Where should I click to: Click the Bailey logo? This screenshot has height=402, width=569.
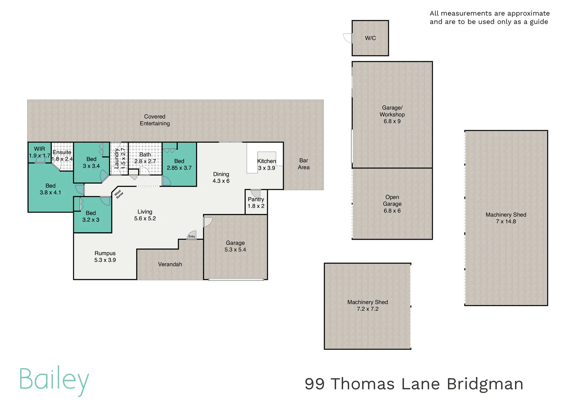[x=54, y=380]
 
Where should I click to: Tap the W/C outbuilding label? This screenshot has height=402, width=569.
[x=370, y=38]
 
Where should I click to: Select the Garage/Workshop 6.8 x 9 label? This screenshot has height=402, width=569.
[x=392, y=114]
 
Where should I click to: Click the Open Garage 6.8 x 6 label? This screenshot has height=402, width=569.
[x=392, y=204]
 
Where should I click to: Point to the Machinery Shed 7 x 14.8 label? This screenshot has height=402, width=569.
[x=506, y=218]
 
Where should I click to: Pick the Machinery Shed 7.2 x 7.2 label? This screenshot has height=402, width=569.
[x=368, y=306]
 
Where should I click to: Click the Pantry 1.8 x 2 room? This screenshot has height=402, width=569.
[x=256, y=202]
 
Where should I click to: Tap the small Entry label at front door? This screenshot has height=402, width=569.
[x=192, y=236]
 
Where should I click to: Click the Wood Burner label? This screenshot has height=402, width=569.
[x=119, y=194]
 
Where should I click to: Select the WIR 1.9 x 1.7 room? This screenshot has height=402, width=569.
[x=39, y=152]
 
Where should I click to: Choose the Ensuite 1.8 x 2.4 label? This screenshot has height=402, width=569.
[x=62, y=156]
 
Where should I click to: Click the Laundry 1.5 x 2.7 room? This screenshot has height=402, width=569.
[x=120, y=158]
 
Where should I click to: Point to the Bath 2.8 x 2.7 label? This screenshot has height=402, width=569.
[x=145, y=158]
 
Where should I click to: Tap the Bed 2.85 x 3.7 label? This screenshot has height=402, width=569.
[x=179, y=165]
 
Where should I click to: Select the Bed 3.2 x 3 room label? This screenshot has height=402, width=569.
[x=91, y=216]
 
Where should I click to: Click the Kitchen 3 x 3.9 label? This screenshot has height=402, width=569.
[x=267, y=165]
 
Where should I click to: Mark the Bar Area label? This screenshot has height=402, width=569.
[x=303, y=164]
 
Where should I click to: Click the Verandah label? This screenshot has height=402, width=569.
[x=170, y=264]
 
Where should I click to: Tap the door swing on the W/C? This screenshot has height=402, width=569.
[x=348, y=38]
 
